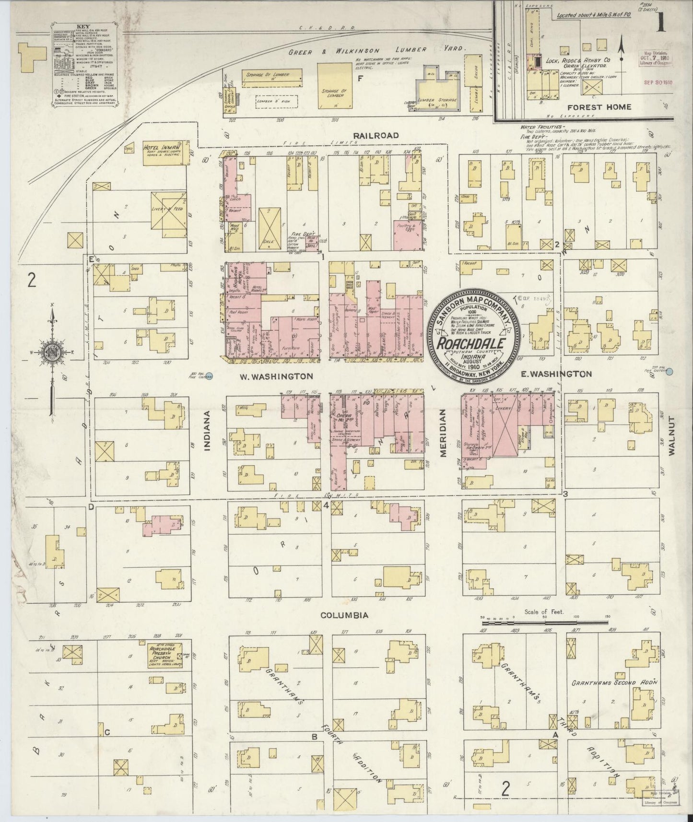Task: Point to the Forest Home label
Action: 599,107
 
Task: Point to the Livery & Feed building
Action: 168,214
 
